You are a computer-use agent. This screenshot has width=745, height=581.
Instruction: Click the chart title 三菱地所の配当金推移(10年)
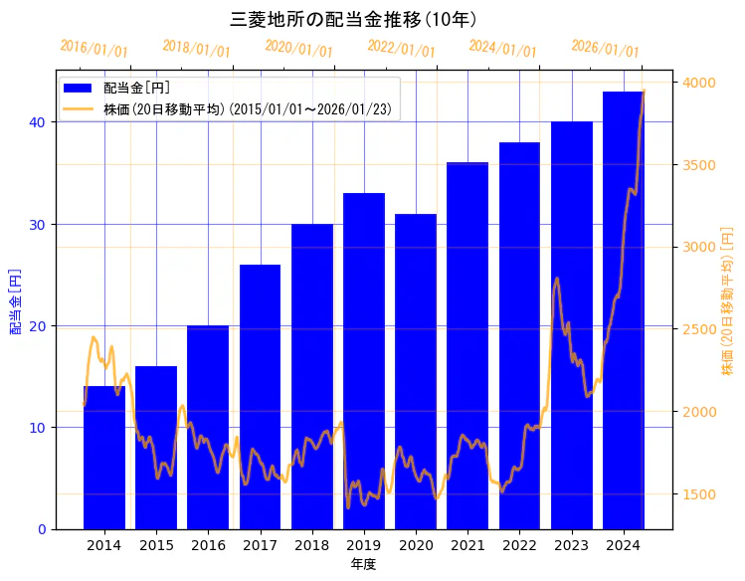(x=354, y=19)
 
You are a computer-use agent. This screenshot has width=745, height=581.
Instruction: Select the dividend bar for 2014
(x=104, y=458)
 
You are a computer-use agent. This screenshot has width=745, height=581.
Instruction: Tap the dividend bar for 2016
(x=208, y=428)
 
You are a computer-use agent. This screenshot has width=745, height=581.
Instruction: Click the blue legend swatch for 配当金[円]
(x=79, y=89)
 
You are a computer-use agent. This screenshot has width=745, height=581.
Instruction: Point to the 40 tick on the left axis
(x=37, y=122)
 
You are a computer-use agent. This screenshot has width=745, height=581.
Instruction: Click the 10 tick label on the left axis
(x=37, y=428)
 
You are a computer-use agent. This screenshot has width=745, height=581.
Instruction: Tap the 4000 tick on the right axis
(x=698, y=83)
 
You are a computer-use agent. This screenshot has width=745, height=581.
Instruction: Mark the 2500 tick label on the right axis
(x=698, y=329)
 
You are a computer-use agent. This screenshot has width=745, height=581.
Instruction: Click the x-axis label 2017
(x=260, y=545)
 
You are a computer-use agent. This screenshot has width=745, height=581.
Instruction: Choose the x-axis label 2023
(x=571, y=545)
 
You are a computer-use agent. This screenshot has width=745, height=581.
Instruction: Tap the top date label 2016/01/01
(x=93, y=48)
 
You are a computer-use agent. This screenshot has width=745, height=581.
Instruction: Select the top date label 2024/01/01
(x=502, y=48)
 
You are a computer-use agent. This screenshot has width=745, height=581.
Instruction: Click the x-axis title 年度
(x=363, y=564)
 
